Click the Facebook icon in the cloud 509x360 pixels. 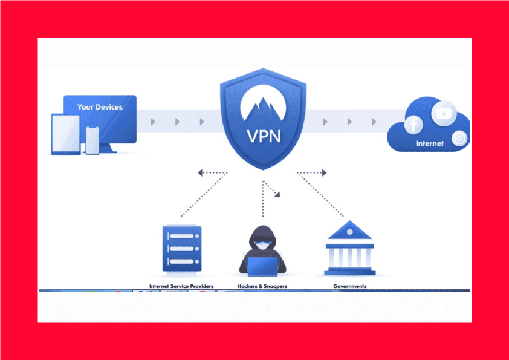413,125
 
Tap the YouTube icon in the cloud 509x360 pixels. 444,113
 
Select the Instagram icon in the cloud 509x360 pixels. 459,139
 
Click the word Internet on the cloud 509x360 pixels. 429,143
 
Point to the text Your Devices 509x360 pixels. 100,107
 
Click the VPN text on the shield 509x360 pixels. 264,137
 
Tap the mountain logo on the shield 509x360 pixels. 263,103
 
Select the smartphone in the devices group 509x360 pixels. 92,140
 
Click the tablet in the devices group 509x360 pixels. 66,134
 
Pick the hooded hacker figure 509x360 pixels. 262,250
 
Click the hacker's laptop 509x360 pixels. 262,266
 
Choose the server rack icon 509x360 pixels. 182,249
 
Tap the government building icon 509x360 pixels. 350,248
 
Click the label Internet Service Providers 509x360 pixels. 181,286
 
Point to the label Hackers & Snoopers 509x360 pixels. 262,286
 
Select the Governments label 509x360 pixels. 350,286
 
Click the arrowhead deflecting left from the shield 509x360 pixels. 200,173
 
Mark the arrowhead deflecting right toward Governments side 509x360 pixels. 324,173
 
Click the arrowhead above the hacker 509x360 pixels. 277,194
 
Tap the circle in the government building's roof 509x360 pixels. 350,232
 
